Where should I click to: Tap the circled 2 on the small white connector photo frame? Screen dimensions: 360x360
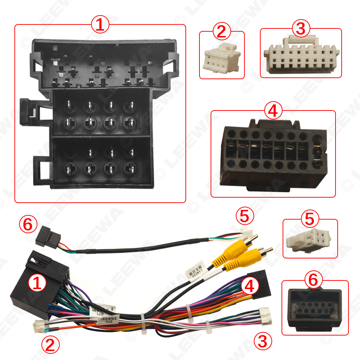click(x=222, y=32)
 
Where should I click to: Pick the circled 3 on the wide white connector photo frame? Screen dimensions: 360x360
click(x=301, y=29)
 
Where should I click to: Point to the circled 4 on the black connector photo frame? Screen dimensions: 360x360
click(x=273, y=111)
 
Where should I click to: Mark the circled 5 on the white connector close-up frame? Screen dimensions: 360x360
click(x=310, y=219)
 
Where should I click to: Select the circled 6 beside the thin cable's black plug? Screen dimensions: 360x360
click(x=30, y=225)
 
